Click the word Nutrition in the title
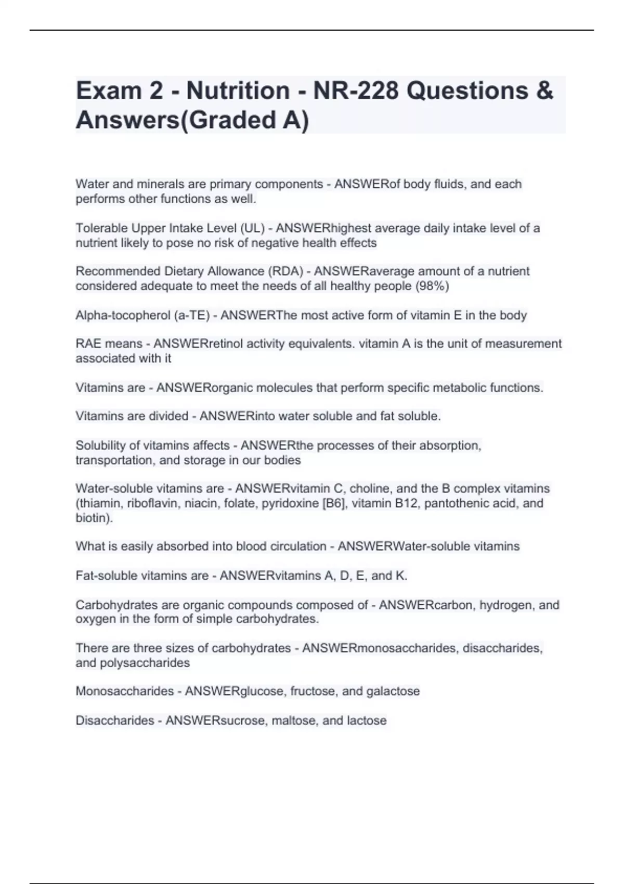(x=238, y=90)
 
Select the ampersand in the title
(x=544, y=90)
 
